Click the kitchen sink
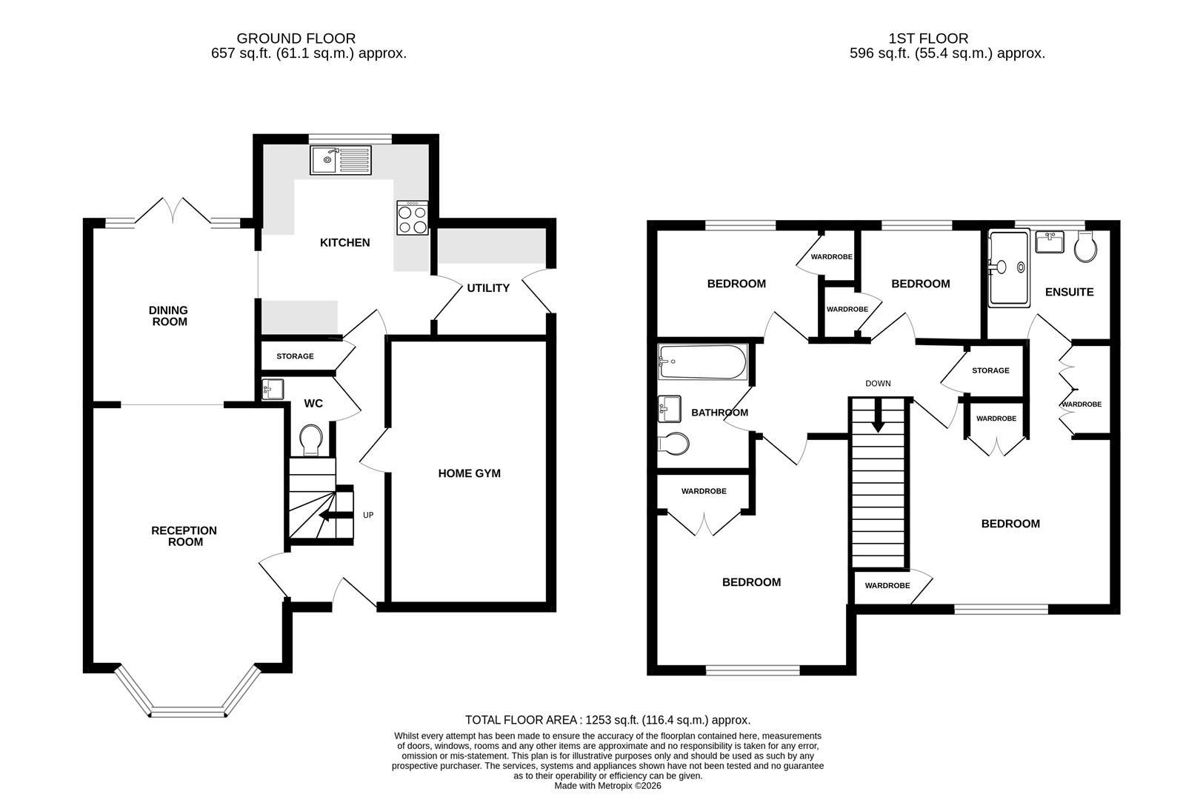tap(341, 160)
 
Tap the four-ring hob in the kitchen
tap(413, 218)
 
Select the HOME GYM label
tap(470, 473)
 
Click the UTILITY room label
tap(488, 288)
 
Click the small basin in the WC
tap(273, 389)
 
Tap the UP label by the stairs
tap(368, 515)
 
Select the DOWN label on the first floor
tap(878, 384)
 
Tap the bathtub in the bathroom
tap(702, 362)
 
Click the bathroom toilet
tap(673, 444)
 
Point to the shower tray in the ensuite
tap(1009, 268)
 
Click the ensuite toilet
tap(1085, 247)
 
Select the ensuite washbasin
tap(1050, 242)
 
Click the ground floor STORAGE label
tap(295, 356)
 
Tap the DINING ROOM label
tap(169, 316)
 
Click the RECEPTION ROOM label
tap(184, 536)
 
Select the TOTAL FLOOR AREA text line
tap(607, 720)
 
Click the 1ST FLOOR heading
tap(928, 39)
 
